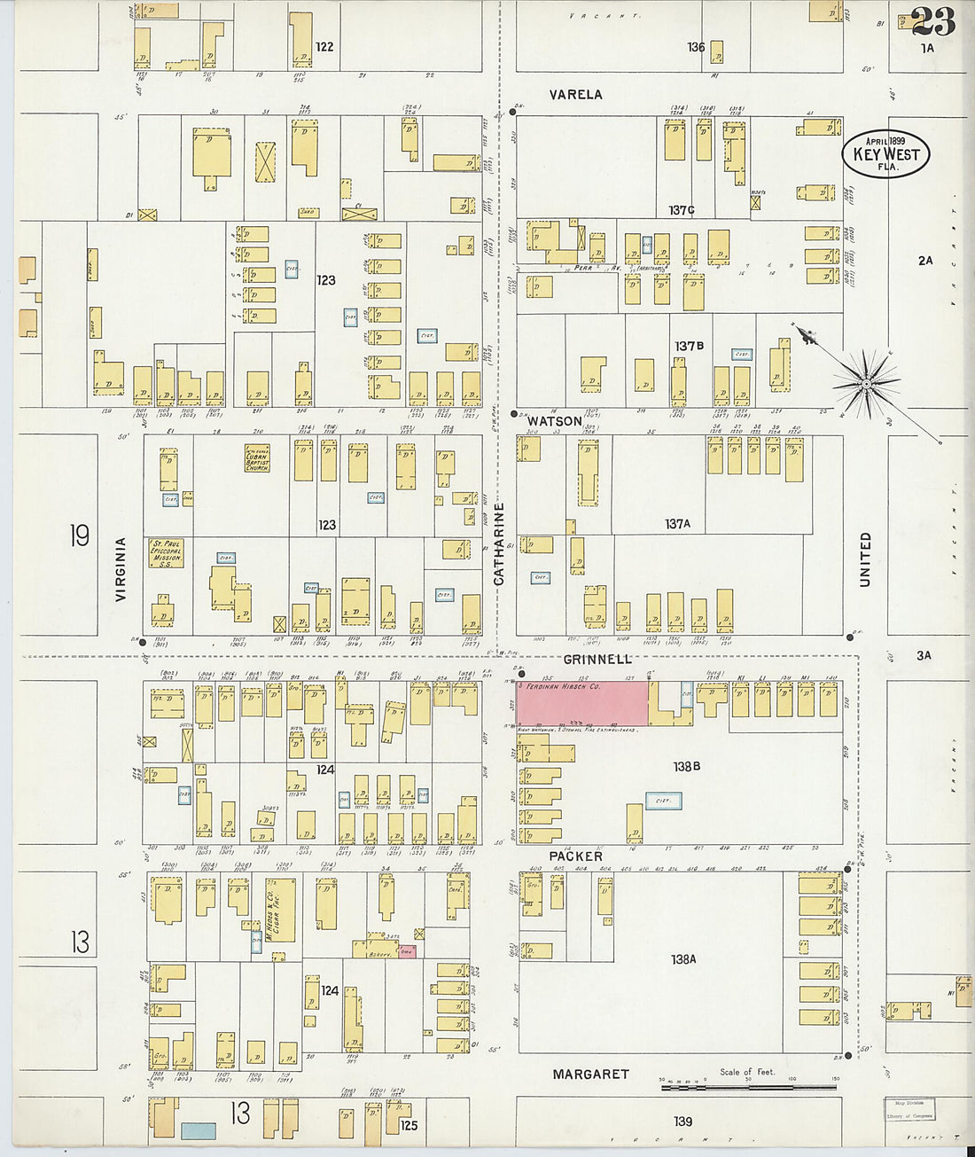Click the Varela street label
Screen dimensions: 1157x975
tap(575, 95)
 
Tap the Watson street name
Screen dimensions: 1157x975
tap(556, 421)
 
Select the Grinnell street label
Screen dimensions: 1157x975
tap(597, 660)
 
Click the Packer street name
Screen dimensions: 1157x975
tap(575, 856)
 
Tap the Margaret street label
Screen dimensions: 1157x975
tap(590, 1074)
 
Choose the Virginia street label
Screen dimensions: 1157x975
tap(121, 569)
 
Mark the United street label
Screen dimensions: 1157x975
tap(865, 559)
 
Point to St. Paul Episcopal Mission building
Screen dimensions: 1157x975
tap(166, 552)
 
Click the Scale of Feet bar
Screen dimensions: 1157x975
tap(750, 1083)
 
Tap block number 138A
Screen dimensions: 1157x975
tap(683, 958)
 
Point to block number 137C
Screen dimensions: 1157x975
tap(682, 210)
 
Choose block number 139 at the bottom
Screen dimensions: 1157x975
tap(682, 1122)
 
